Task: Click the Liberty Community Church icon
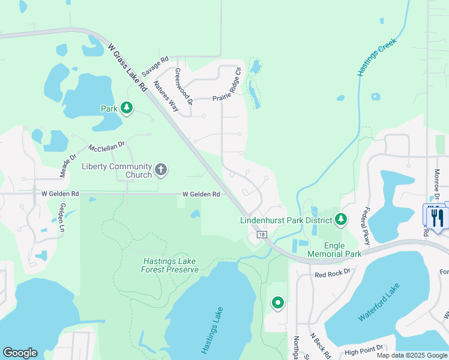tap(160, 170)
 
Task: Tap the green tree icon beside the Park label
tap(126, 108)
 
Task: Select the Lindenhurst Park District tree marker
tap(341, 220)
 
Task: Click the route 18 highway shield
tap(262, 235)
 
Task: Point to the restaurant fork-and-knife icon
tap(436, 217)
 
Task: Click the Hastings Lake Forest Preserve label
tap(170, 265)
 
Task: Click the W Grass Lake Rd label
tap(127, 66)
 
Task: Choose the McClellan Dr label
tap(106, 146)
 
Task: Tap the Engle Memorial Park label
tap(334, 250)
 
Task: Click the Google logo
tap(20, 353)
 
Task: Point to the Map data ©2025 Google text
tap(411, 355)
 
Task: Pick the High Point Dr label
tap(363, 351)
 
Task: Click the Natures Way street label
tap(166, 97)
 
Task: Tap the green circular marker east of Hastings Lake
tap(277, 304)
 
